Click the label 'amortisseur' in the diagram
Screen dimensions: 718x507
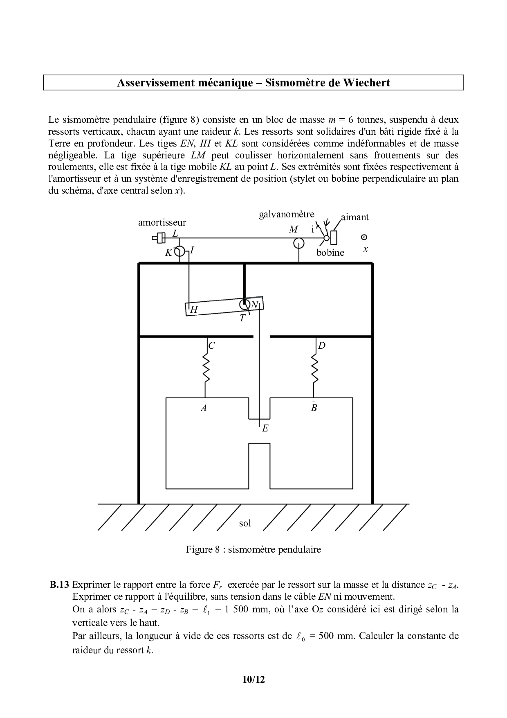[x=162, y=223]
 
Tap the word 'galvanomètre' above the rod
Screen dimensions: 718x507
[x=287, y=214]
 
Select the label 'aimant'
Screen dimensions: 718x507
[x=355, y=217]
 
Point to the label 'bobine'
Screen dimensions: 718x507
[x=330, y=253]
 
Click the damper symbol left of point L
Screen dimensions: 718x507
[x=159, y=237]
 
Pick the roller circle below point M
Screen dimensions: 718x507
[x=299, y=244]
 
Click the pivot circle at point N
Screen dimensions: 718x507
[x=245, y=304]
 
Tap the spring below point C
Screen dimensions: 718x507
[x=206, y=368]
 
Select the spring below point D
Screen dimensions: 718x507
[x=315, y=368]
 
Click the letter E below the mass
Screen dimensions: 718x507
[x=265, y=429]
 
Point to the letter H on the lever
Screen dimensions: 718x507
[x=194, y=310]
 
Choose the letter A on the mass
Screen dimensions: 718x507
[x=203, y=408]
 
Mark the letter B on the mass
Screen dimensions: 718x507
[x=314, y=408]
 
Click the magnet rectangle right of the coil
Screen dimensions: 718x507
[x=334, y=237]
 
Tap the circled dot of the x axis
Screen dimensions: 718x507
[x=364, y=237]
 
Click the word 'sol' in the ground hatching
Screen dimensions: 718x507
[x=245, y=523]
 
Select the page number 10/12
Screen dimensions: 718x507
[x=253, y=680]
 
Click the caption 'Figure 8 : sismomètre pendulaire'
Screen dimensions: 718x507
[x=253, y=549]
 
